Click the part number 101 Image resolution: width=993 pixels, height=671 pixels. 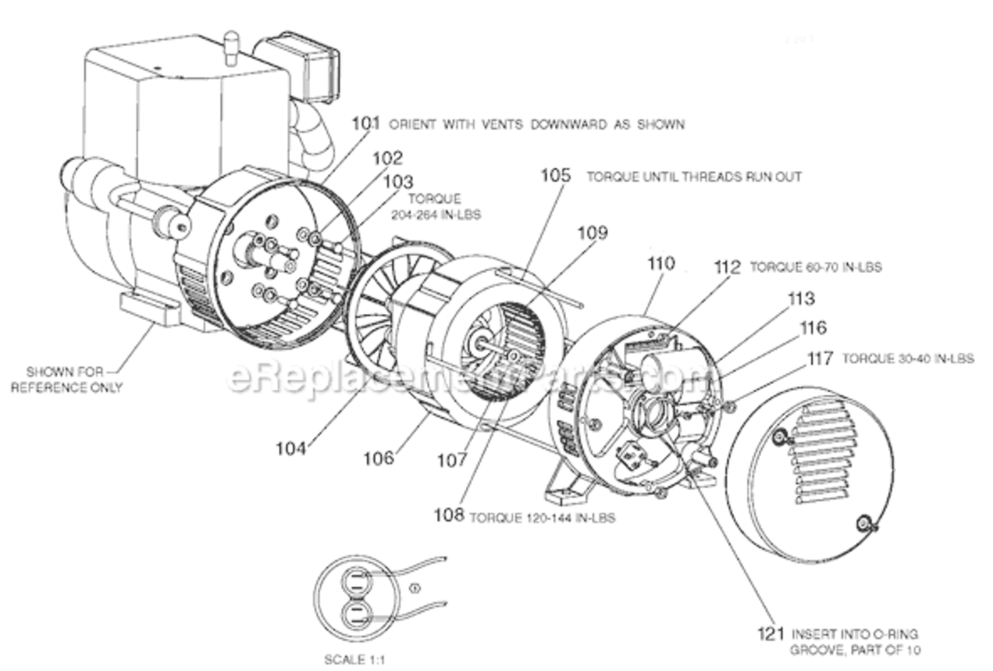[x=365, y=124]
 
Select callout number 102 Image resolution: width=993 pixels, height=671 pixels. [x=387, y=157]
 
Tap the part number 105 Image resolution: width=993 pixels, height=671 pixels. [x=554, y=175]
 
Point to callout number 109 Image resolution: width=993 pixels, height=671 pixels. [x=592, y=233]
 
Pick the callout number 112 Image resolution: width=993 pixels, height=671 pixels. [x=727, y=267]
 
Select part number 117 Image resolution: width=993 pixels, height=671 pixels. [x=819, y=358]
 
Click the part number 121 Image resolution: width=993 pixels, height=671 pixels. [x=768, y=633]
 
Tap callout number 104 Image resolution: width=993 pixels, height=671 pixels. [x=291, y=447]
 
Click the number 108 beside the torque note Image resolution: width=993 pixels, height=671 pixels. [x=449, y=515]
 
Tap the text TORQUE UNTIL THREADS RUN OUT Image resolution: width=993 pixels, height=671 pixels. [x=694, y=177]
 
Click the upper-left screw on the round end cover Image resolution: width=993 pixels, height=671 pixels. [x=780, y=437]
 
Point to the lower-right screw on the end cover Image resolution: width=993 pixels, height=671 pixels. [x=865, y=523]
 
